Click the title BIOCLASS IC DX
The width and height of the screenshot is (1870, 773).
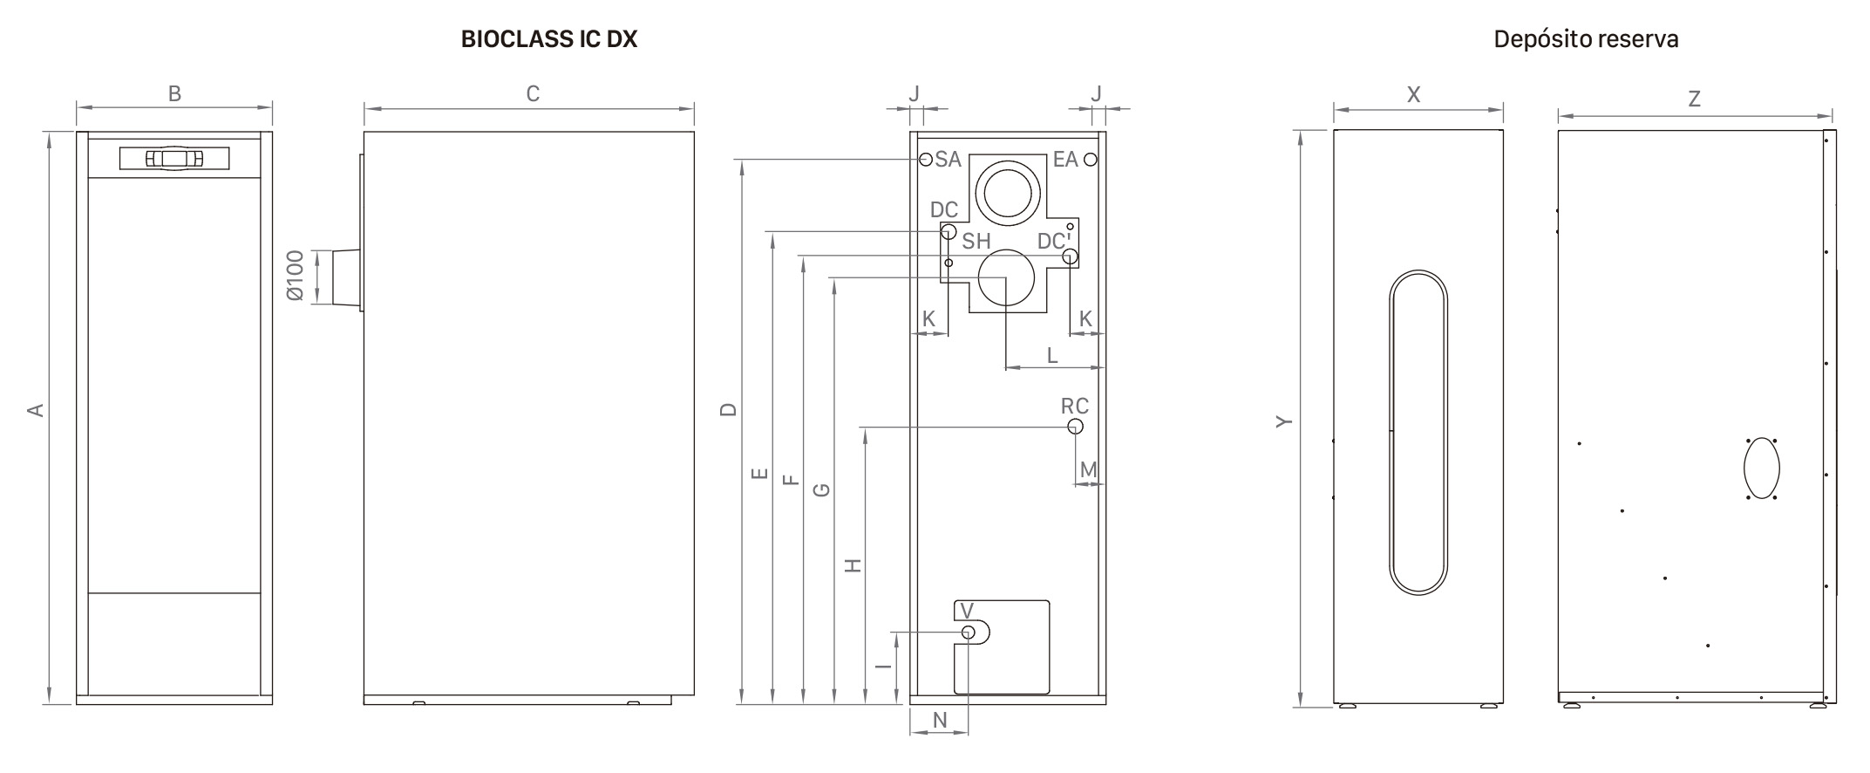coord(549,39)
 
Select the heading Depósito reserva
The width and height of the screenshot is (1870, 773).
coord(1586,39)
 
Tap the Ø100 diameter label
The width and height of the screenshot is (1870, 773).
coord(296,276)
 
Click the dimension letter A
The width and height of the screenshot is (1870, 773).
coord(36,409)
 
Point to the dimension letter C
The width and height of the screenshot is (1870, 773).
coord(533,93)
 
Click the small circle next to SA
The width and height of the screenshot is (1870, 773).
coord(926,160)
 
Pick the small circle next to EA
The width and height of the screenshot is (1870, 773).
coord(1090,160)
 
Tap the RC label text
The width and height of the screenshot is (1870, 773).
coord(1074,407)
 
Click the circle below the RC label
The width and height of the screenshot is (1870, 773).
coord(1075,427)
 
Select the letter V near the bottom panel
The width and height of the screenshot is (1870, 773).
coord(966,611)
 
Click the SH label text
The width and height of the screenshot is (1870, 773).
coord(976,242)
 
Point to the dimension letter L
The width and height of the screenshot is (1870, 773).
coord(1052,355)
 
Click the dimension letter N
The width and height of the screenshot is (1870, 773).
coord(940,720)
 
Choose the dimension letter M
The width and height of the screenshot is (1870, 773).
coord(1088,470)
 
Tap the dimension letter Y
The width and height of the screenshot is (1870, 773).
coord(1283,421)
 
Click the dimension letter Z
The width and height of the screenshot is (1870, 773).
coord(1694,99)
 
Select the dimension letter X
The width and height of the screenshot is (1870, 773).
coord(1413,94)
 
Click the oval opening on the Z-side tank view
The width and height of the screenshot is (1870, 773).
coord(1761,469)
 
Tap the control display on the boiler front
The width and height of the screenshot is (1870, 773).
coord(174,158)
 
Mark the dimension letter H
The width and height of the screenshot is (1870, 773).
coord(853,565)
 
